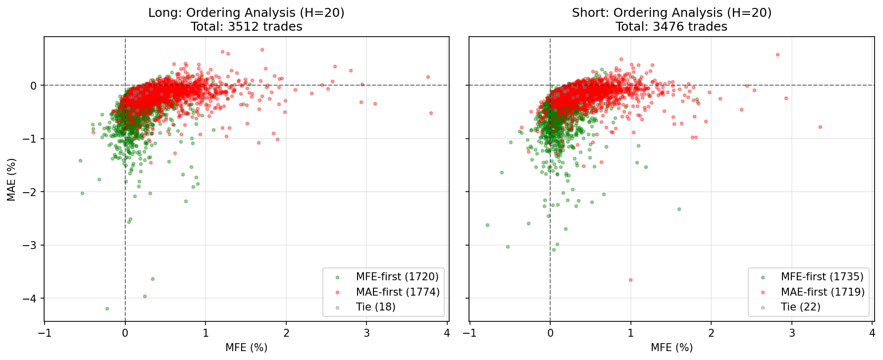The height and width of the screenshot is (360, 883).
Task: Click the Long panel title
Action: [246, 19]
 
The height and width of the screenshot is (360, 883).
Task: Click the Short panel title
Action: [671, 19]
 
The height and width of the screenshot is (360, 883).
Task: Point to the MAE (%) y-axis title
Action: [11, 179]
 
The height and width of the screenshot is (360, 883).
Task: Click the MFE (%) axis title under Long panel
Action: [246, 348]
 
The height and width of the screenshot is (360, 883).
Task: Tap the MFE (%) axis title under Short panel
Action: [671, 348]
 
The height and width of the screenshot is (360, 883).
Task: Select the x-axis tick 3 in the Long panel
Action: [366, 333]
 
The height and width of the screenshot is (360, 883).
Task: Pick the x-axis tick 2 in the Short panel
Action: [711, 333]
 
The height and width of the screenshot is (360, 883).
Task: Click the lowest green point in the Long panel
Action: [107, 309]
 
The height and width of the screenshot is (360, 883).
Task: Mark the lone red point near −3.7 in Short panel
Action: [630, 280]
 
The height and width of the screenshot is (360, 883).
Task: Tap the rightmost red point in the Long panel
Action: [431, 113]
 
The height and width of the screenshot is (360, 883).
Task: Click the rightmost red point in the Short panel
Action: [820, 127]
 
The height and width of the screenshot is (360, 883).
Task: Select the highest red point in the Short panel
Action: [778, 54]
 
